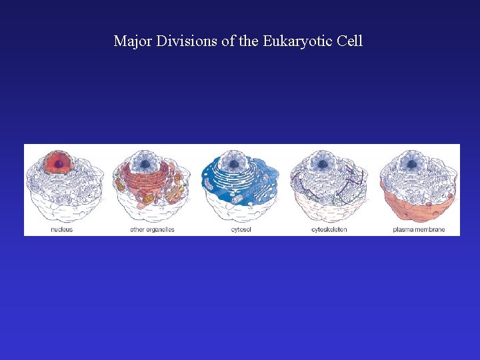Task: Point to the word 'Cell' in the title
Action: coord(350,41)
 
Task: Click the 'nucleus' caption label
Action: coord(62,230)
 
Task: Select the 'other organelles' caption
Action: coord(152,230)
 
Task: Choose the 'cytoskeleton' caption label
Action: coord(329,230)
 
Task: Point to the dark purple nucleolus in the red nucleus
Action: coord(59,163)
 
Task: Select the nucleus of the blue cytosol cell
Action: coord(234,162)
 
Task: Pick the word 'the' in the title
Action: coord(249,41)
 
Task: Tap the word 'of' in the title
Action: coord(228,41)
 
